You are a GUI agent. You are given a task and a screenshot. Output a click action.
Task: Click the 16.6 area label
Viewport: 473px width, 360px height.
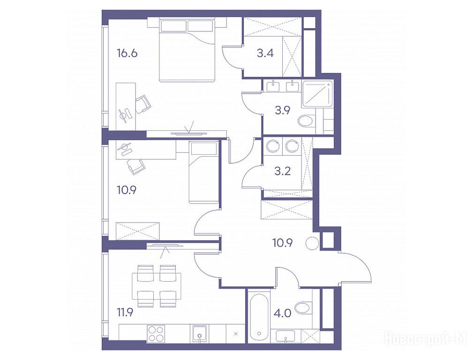click(127, 54)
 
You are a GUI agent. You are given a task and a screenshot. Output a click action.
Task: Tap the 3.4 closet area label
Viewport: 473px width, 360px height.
click(265, 53)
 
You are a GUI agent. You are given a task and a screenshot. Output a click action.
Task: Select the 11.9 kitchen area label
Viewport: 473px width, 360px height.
click(125, 313)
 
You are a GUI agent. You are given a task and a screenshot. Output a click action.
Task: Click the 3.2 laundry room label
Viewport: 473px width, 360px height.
click(283, 171)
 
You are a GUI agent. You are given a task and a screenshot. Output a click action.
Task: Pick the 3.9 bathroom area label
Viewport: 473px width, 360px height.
click(282, 110)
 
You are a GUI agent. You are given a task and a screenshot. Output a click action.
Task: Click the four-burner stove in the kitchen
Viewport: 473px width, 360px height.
click(156, 334)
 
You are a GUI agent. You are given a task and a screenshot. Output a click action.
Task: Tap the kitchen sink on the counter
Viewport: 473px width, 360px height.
click(199, 334)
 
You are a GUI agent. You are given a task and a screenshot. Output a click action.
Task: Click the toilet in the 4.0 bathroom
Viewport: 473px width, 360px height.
click(303, 308)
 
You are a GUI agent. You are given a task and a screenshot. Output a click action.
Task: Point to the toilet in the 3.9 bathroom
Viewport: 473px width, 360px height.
click(306, 121)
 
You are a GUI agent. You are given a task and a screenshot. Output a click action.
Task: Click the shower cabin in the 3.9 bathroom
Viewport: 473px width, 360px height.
click(317, 94)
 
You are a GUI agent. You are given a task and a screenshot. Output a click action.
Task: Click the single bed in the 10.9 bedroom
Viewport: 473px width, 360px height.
click(203, 172)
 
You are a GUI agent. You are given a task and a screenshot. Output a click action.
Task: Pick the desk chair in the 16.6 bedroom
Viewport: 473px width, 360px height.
click(143, 104)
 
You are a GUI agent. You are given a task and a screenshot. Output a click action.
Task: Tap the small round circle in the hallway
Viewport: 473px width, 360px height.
click(311, 243)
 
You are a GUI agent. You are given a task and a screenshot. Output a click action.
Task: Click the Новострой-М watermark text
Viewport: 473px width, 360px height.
click(426, 338)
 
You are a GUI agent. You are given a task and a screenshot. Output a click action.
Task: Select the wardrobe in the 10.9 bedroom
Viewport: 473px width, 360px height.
click(137, 231)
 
